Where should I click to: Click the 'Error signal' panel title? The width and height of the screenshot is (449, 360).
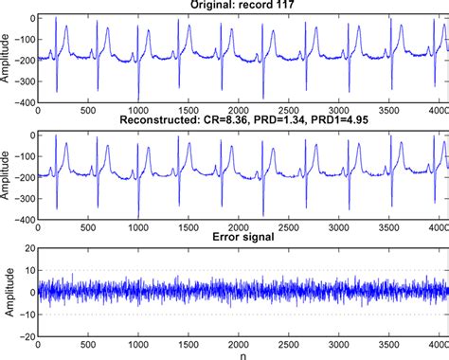(240, 239)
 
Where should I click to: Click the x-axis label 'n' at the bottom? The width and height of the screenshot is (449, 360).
(241, 353)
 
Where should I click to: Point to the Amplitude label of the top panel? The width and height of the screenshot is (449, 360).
(8, 58)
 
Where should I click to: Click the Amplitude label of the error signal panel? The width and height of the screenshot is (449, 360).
(8, 291)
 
